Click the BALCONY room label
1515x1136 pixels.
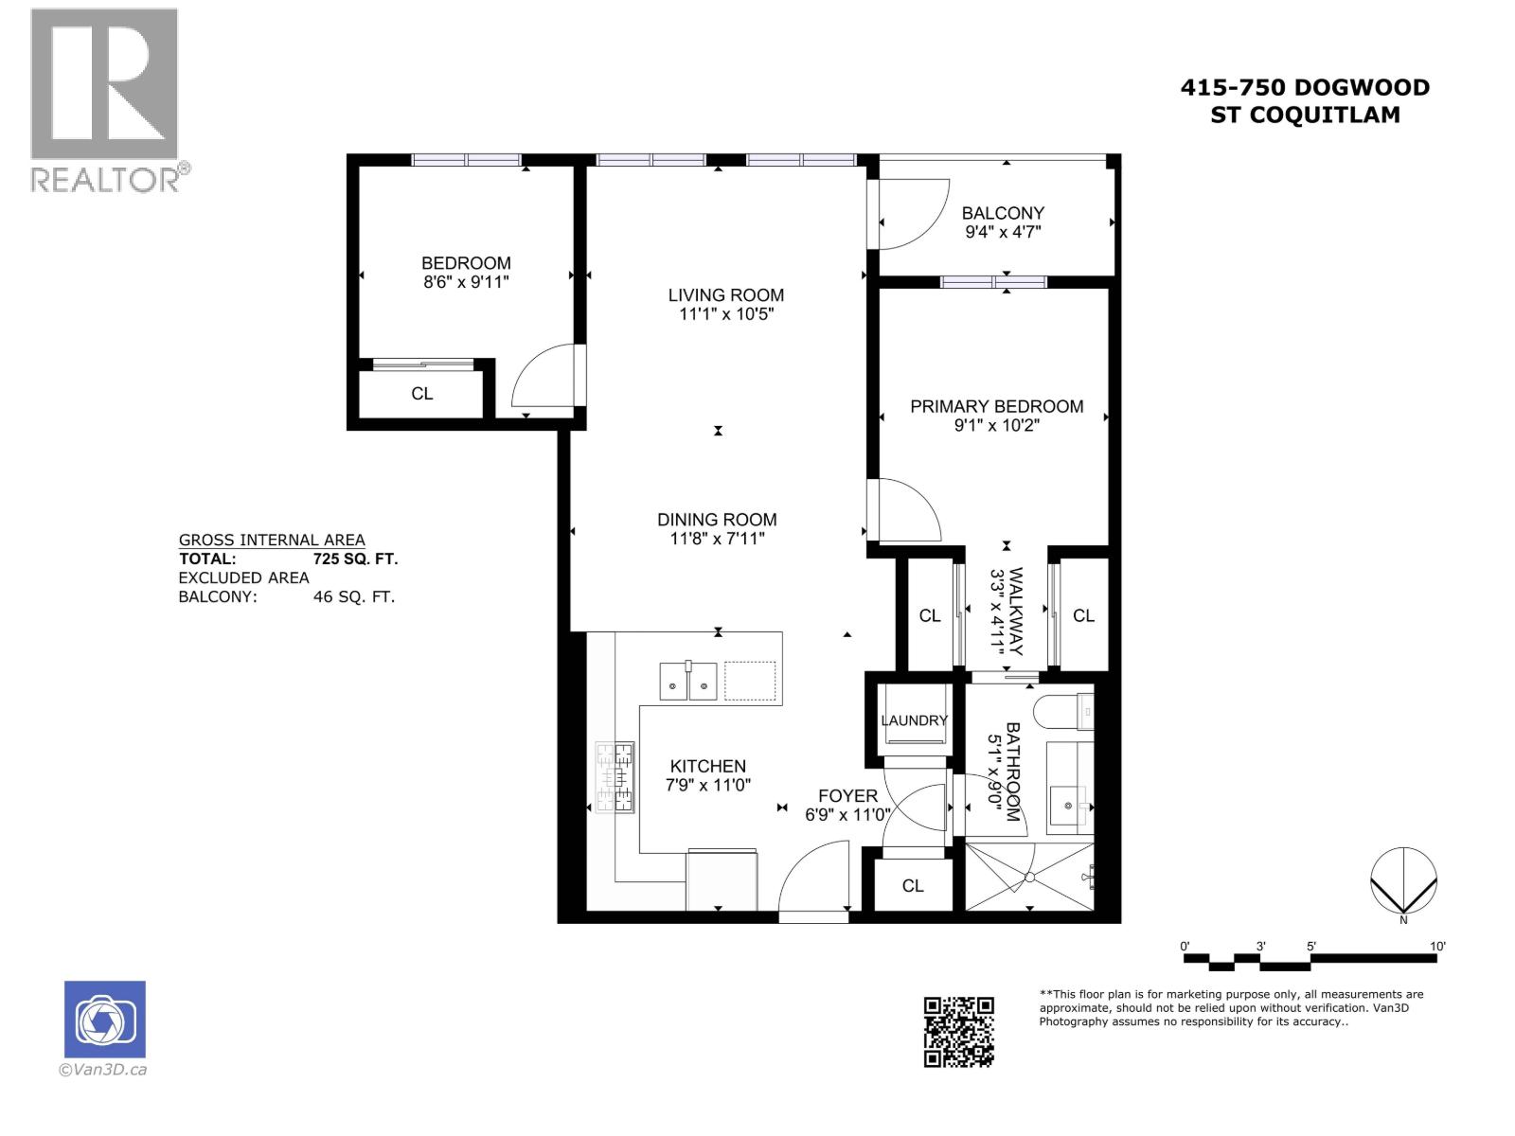point(1003,213)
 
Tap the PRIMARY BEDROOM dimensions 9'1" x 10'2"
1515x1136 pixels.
point(996,426)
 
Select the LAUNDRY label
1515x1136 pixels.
point(914,720)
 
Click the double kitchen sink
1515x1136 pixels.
point(687,681)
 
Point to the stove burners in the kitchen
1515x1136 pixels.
point(615,777)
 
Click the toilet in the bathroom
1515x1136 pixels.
point(1062,712)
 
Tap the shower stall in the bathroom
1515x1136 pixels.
point(1029,878)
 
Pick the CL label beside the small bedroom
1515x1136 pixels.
point(422,394)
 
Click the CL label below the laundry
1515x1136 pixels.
point(912,886)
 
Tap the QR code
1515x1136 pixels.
point(958,1032)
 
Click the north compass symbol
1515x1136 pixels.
point(1403,881)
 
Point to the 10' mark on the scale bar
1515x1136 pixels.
point(1436,947)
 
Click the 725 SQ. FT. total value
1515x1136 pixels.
point(355,559)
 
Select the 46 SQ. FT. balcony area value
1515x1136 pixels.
point(353,597)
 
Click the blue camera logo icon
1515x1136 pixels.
point(104,1020)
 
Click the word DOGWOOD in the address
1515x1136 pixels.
point(1362,88)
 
